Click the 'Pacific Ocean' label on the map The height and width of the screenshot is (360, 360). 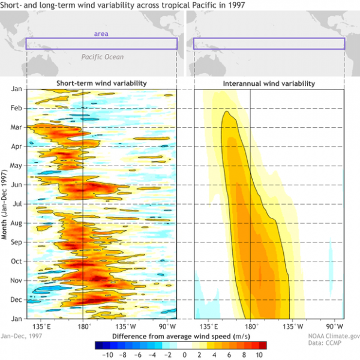coord(103,57)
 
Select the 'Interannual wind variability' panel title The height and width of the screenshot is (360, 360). coord(268,83)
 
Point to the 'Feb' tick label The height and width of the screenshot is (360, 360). coord(16,109)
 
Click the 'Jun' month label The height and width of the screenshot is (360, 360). coord(16,185)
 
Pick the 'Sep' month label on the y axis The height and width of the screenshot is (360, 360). coord(16,242)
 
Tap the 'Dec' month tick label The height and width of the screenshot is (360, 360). coord(16,299)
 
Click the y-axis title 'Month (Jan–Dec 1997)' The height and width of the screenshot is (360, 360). coord(5,205)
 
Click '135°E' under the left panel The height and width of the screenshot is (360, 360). coord(44,326)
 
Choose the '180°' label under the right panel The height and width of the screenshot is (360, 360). coord(250,326)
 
